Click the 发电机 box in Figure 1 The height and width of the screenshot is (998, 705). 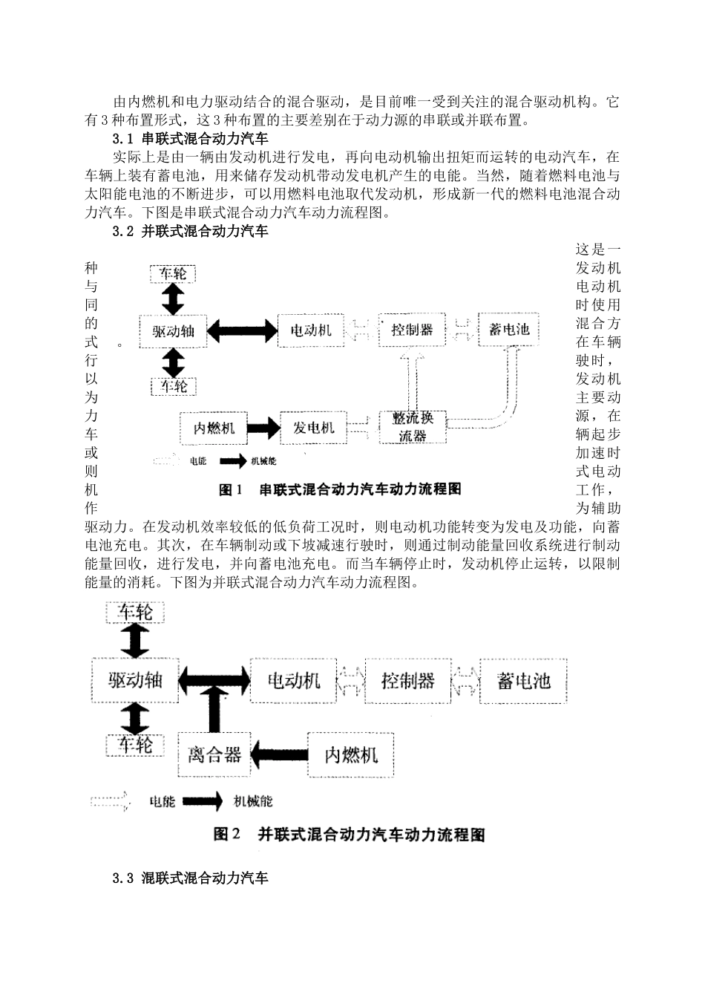pyautogui.click(x=313, y=428)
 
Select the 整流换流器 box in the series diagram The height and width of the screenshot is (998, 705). pyautogui.click(x=412, y=428)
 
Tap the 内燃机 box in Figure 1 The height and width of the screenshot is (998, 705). pyautogui.click(x=214, y=428)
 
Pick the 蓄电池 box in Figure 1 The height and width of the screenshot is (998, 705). pyautogui.click(x=509, y=329)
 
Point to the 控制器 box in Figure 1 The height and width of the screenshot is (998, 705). pyautogui.click(x=412, y=329)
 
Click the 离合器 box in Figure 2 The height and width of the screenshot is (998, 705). pyautogui.click(x=214, y=754)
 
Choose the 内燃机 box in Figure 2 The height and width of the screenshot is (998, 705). pyautogui.click(x=351, y=754)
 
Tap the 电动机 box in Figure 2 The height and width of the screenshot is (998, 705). pyautogui.click(x=294, y=680)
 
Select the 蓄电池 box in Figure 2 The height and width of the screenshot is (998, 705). pyautogui.click(x=524, y=680)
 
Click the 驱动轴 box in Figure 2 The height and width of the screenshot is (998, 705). pyautogui.click(x=135, y=680)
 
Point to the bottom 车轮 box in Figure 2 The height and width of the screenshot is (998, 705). pyautogui.click(x=135, y=744)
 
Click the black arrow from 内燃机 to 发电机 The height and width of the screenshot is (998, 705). pyautogui.click(x=263, y=428)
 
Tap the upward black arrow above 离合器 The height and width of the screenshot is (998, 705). pyautogui.click(x=214, y=708)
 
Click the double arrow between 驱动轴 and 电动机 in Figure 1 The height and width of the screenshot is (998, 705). pyautogui.click(x=243, y=330)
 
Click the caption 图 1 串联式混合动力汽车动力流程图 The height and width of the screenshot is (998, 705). pyautogui.click(x=340, y=489)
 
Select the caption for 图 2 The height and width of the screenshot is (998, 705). pyautogui.click(x=349, y=835)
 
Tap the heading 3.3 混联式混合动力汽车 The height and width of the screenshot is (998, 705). pyautogui.click(x=190, y=878)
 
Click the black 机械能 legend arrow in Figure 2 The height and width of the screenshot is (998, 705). pyautogui.click(x=203, y=801)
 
